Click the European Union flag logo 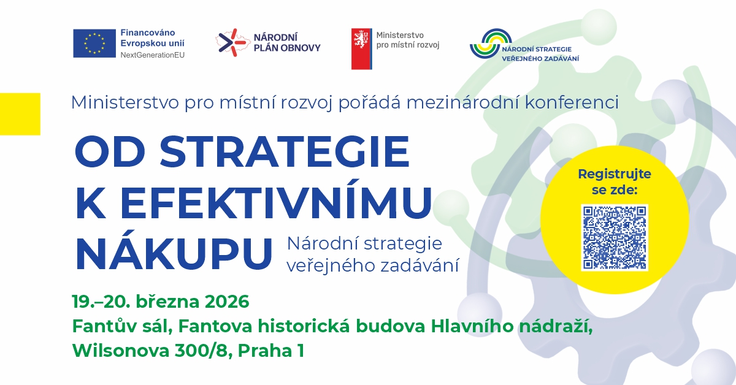94,43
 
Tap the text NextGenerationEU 152,55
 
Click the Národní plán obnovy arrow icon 230,42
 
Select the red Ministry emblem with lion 361,48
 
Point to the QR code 614,238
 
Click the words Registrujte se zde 614,182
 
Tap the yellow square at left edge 20,113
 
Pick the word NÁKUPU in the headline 174,253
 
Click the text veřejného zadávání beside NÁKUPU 373,264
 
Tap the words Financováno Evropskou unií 152,37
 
